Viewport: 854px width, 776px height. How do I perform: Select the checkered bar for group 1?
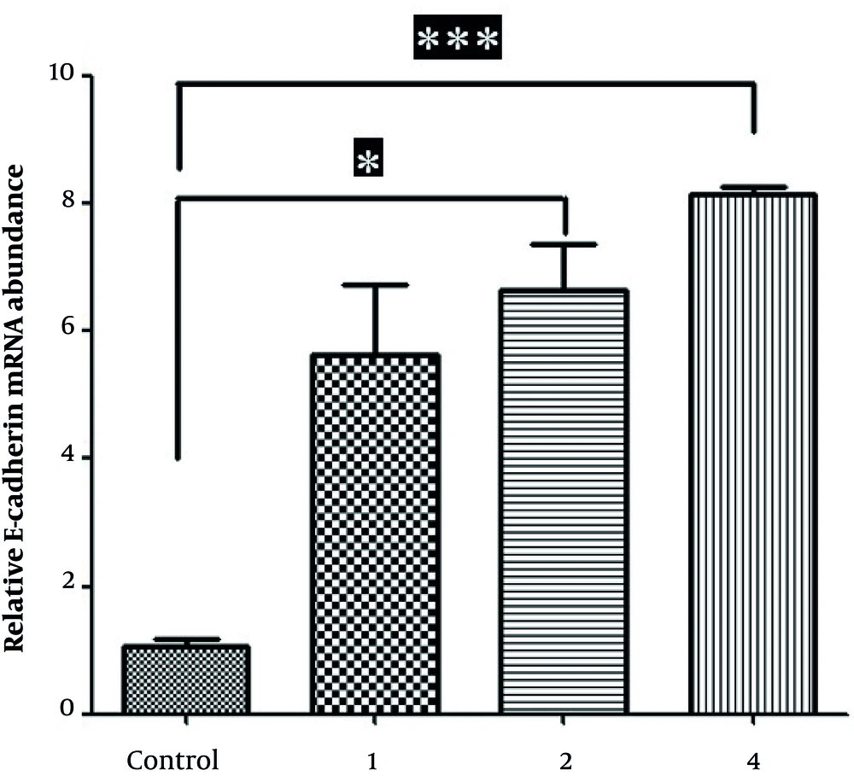click(376, 534)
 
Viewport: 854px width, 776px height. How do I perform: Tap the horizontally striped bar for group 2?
click(564, 501)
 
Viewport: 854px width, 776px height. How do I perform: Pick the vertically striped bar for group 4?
click(753, 453)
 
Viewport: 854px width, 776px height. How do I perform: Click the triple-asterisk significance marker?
click(457, 38)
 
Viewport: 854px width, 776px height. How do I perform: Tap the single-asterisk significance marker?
click(369, 161)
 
